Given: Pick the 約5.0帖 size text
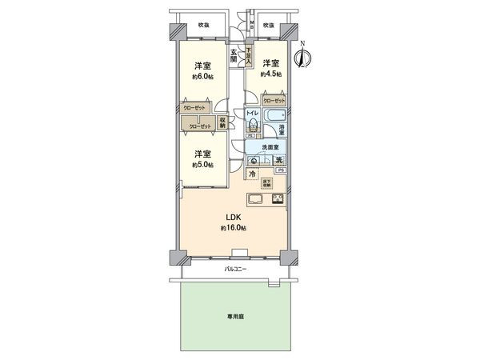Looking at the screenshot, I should pos(201,164).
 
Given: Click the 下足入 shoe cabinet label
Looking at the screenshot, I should pos(249,55).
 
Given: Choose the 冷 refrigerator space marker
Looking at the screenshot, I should pos(251,174).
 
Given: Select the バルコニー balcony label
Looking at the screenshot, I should pos(234,270).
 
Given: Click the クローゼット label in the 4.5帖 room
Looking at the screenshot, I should pos(274,102).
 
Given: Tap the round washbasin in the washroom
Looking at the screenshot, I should pos(254,160).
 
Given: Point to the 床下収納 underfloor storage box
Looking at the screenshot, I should pos(266,182).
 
